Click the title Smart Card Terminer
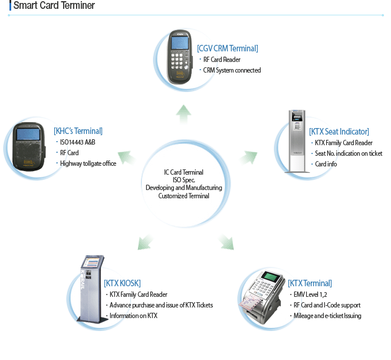[54, 6]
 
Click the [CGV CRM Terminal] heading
[228, 48]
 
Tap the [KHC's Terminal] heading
[78, 131]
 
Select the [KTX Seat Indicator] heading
[339, 132]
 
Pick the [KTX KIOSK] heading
[122, 283]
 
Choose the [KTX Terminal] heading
[310, 283]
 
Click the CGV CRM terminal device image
[180, 58]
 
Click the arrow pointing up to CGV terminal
[184, 112]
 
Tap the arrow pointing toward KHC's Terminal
[125, 156]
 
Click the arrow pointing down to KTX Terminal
[225, 241]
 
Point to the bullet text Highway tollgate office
[88, 163]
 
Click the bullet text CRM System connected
[231, 70]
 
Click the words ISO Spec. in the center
[183, 180]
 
